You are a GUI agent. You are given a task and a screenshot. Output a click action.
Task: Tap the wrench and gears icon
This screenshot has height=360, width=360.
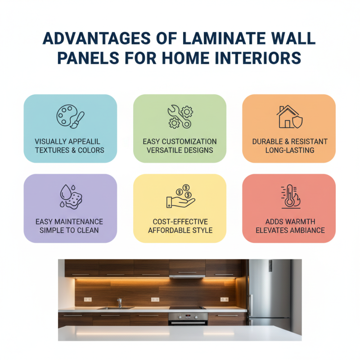(x=180, y=117)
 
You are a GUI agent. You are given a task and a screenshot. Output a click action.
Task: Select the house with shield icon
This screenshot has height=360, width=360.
(x=289, y=117)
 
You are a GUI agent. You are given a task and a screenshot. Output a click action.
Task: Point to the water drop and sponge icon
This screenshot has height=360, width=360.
(x=70, y=197)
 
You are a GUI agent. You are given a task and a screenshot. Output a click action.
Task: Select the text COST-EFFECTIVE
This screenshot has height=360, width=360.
(x=180, y=222)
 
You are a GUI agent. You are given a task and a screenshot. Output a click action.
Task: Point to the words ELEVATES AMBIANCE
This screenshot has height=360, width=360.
(x=290, y=230)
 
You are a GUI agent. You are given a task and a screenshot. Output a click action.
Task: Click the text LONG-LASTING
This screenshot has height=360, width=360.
(x=290, y=150)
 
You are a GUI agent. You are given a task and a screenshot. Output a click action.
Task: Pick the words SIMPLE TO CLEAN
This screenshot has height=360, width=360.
(x=70, y=230)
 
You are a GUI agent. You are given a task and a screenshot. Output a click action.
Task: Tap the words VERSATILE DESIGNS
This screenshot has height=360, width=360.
(x=180, y=150)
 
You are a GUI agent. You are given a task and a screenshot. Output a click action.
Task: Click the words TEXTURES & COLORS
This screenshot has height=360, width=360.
(x=70, y=150)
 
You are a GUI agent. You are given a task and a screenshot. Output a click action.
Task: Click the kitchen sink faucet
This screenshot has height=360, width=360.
(x=119, y=302)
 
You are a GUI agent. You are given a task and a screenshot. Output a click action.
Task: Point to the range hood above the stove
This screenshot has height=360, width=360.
(x=187, y=274)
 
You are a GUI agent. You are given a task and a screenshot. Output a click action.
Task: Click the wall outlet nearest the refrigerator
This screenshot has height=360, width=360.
(x=224, y=299)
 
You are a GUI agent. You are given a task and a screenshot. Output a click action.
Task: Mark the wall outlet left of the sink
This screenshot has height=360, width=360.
(x=88, y=299)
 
